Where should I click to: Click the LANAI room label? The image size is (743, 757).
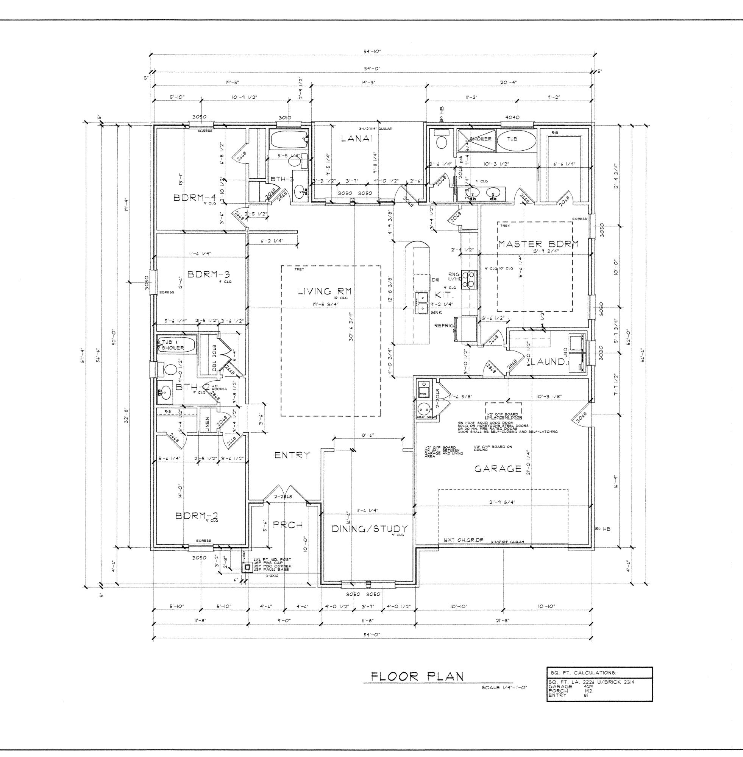(x=357, y=138)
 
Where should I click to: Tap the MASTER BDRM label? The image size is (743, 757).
(x=538, y=244)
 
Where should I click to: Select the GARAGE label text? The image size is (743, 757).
(x=498, y=469)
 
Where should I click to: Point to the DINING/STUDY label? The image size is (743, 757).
(x=370, y=529)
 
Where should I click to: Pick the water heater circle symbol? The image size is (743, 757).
(x=423, y=410)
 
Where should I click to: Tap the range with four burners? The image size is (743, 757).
(x=470, y=279)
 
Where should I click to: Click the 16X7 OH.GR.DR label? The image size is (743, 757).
(x=463, y=540)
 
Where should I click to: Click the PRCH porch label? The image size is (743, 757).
(x=287, y=525)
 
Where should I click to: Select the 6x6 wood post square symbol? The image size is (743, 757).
(x=247, y=568)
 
